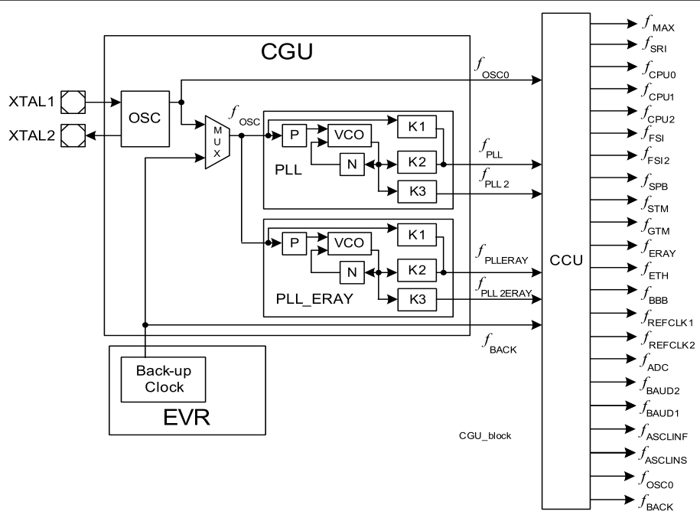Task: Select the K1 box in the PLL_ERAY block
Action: (x=416, y=235)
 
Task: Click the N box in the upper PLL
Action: (x=352, y=164)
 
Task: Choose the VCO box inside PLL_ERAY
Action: (x=349, y=243)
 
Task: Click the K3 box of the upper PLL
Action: (x=417, y=191)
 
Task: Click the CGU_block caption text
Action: (x=485, y=435)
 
